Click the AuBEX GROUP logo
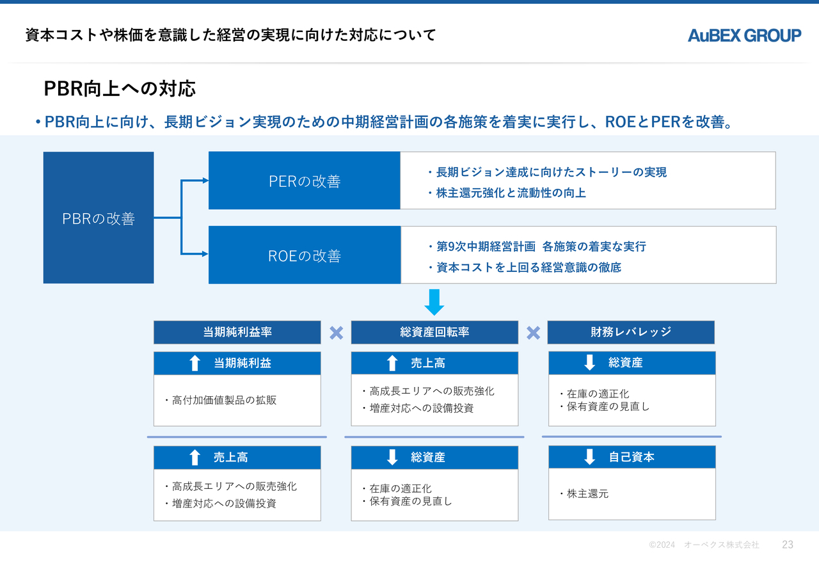pos(744,35)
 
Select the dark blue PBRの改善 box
pos(99,218)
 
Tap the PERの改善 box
pos(305,180)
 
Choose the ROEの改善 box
pos(305,255)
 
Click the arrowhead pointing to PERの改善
pos(205,180)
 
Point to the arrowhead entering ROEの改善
pos(205,254)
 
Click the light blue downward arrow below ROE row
pos(434,303)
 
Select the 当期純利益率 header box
pos(237,332)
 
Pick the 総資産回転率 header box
pos(434,332)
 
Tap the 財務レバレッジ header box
pos(631,332)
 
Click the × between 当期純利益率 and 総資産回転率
pos(337,333)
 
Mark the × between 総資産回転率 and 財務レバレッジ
pos(533,333)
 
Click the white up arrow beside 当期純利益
pos(195,363)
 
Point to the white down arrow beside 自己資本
pos(589,457)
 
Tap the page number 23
pos(788,545)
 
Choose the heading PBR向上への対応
pos(120,88)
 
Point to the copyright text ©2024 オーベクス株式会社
pos(704,545)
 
